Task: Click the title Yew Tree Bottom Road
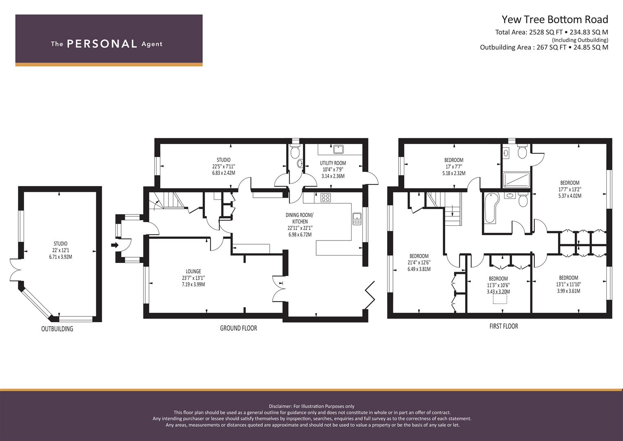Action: [x=554, y=19]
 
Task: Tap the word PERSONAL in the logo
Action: [x=102, y=44]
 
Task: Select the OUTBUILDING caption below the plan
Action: [x=57, y=329]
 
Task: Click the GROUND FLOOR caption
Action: [x=238, y=328]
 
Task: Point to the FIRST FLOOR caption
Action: [x=503, y=326]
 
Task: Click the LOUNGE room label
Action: [x=193, y=271]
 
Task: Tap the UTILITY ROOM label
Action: [x=333, y=163]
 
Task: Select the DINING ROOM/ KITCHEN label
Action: [x=299, y=218]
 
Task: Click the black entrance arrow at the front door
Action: [x=115, y=245]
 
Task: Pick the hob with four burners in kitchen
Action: [x=326, y=198]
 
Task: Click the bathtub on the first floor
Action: [x=491, y=207]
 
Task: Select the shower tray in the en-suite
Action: [x=516, y=180]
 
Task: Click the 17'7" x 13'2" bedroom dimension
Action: [x=570, y=189]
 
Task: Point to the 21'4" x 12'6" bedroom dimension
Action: [x=419, y=263]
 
